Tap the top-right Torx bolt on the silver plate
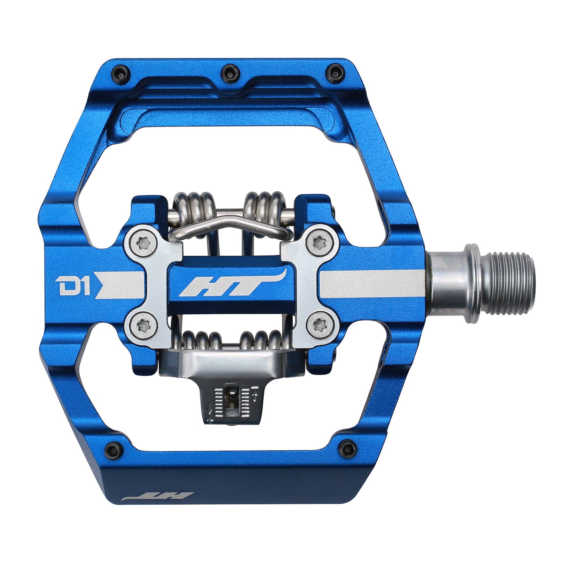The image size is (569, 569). (x=318, y=243)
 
